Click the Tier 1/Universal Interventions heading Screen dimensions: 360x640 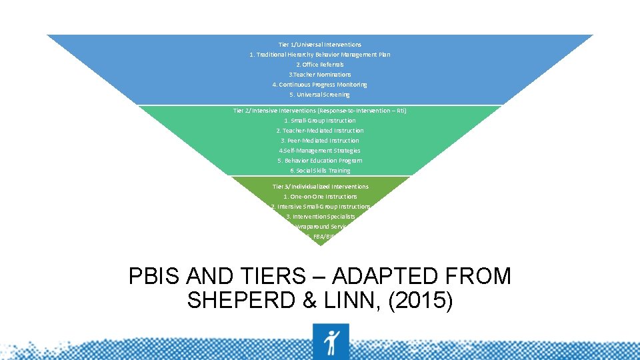[x=320, y=45]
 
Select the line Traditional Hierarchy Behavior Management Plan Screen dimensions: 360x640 [x=320, y=55]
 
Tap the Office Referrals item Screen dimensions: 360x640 [x=320, y=65]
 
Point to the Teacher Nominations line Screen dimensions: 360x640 [x=320, y=75]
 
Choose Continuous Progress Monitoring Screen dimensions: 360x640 [x=320, y=85]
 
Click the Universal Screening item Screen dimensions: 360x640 [x=320, y=95]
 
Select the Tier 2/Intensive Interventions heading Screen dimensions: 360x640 [x=320, y=110]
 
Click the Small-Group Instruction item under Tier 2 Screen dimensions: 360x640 [x=320, y=121]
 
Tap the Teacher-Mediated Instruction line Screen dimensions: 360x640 [x=320, y=131]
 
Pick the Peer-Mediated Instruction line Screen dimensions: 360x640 [x=320, y=141]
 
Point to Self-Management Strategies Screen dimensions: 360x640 [x=320, y=151]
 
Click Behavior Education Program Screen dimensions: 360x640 [x=320, y=161]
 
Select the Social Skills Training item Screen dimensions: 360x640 [x=320, y=171]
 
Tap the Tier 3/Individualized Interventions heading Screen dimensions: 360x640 [x=320, y=186]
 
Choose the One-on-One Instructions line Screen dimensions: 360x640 [x=320, y=197]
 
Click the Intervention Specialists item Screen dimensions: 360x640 [x=320, y=217]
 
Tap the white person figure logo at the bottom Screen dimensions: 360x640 [x=331, y=341]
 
